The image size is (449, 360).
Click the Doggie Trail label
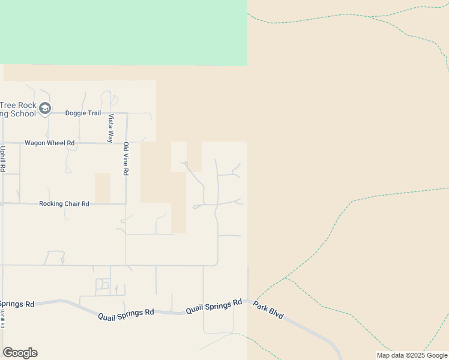[83, 113]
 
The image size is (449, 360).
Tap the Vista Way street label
[111, 127]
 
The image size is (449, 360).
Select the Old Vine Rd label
[125, 158]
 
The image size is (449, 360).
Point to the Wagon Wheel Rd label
[49, 143]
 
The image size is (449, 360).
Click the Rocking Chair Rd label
[64, 204]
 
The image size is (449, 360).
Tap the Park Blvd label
[268, 310]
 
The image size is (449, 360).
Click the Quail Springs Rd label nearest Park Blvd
[214, 306]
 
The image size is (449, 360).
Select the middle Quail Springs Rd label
[126, 313]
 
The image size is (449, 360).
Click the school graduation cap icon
[46, 109]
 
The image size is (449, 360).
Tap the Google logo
[20, 353]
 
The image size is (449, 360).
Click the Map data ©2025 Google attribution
[412, 355]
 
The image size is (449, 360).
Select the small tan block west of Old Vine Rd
[103, 188]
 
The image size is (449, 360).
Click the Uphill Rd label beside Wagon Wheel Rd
[3, 159]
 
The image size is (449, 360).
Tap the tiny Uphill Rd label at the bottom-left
[2, 318]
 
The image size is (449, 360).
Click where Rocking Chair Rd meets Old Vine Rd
[125, 204]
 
